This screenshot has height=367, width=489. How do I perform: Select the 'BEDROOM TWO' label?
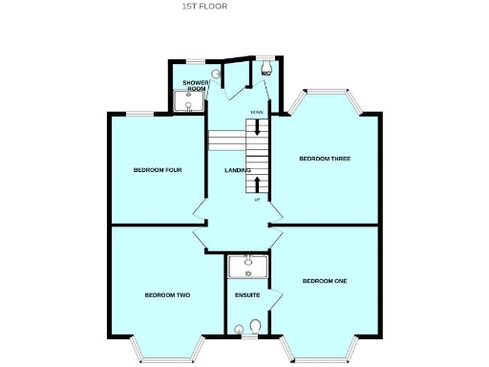pos(167,295)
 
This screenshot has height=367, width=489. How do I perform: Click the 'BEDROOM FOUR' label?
pos(157,170)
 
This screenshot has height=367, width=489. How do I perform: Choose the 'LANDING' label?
pos(237,170)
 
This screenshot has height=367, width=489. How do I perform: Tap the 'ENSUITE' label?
pos(246,295)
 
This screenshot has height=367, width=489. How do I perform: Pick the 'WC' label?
pos(266,73)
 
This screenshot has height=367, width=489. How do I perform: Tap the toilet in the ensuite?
pos(254,328)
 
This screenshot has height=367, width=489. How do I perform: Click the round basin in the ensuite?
pos(238,331)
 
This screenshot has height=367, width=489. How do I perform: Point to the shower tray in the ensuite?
pos(247,265)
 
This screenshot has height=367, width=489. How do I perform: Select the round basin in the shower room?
pos(216,72)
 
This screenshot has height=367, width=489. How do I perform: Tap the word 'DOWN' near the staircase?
pos(256,113)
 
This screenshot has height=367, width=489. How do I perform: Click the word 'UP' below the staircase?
pos(256,200)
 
